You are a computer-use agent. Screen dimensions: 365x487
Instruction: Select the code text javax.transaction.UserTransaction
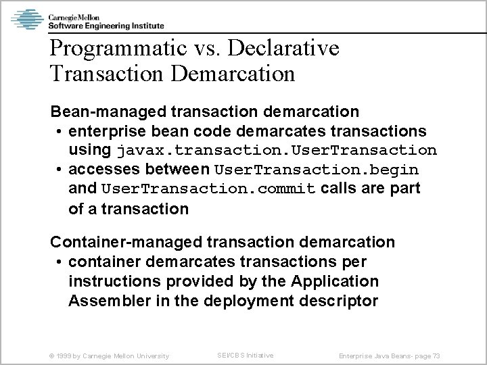pyautogui.click(x=277, y=149)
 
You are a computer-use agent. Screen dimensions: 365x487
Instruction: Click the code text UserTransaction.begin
pyautogui.click(x=316, y=169)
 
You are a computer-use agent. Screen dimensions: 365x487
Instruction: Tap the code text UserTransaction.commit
pyautogui.click(x=208, y=189)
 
